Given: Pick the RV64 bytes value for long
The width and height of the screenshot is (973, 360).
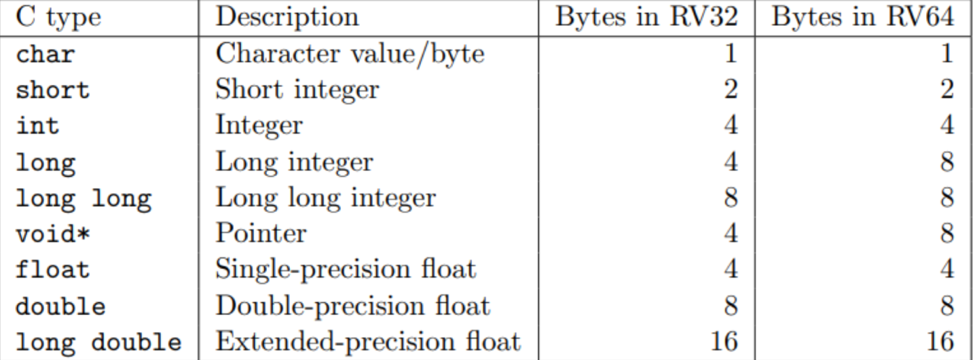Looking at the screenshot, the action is [x=950, y=162].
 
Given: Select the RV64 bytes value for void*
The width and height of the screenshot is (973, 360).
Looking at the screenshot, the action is [x=950, y=233].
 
